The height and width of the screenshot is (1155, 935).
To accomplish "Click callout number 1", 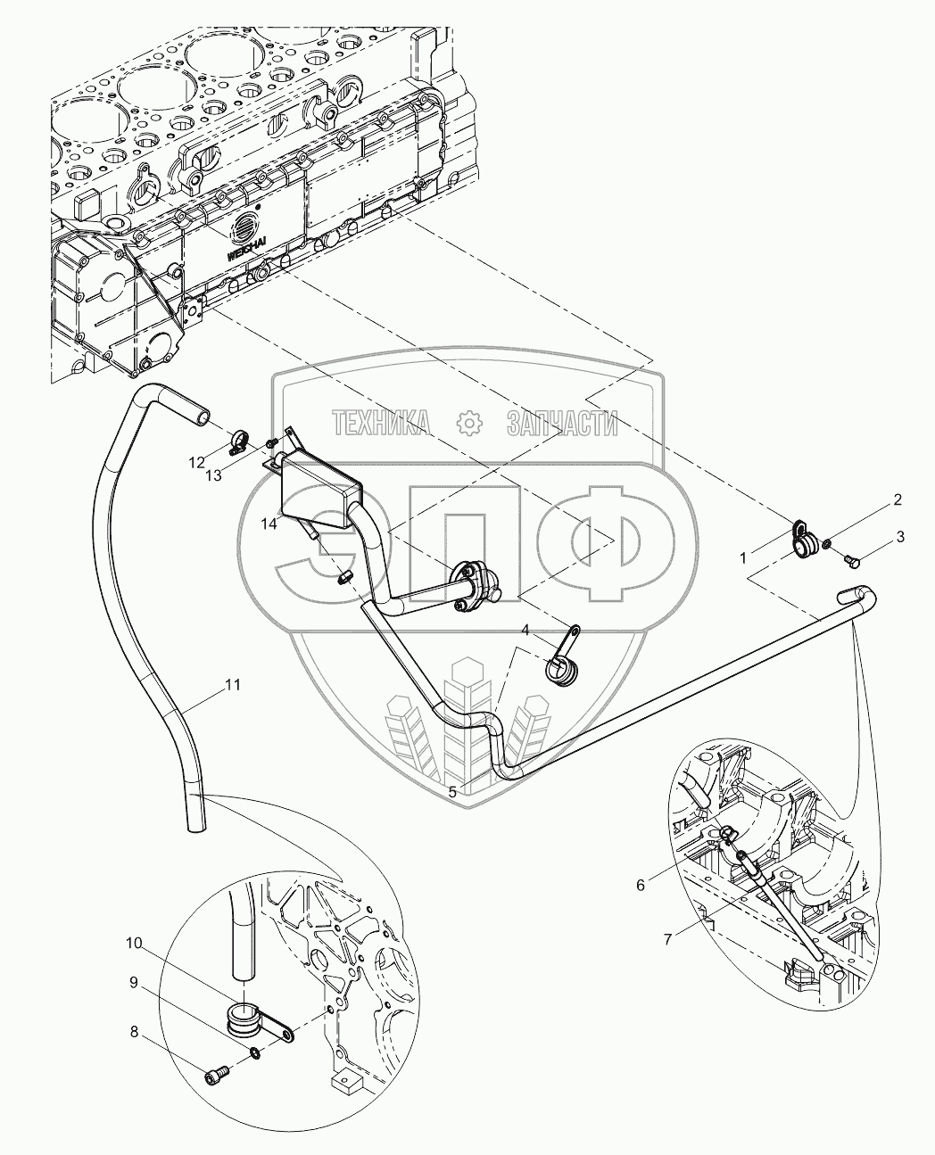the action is click(743, 557).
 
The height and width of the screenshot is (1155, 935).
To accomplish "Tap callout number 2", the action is click(898, 499).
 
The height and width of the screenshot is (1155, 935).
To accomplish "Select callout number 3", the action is click(900, 537).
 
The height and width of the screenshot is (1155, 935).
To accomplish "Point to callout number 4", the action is click(525, 630).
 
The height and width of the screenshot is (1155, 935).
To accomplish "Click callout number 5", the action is click(452, 792).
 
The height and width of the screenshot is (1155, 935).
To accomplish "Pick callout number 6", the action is click(641, 886).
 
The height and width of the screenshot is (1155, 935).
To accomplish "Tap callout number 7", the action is click(667, 939).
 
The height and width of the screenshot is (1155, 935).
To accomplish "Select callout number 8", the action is click(135, 1031).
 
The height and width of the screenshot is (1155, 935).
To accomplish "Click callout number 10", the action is click(134, 944).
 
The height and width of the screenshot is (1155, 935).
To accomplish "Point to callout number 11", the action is click(233, 685).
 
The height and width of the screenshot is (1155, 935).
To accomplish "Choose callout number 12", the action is click(196, 463).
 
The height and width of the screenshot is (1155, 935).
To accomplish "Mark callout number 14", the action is click(269, 524).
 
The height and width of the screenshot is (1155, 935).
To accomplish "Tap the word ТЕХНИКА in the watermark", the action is click(381, 424).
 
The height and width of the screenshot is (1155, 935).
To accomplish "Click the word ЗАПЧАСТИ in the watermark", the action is click(562, 424).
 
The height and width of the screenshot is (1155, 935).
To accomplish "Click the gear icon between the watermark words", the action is click(469, 424).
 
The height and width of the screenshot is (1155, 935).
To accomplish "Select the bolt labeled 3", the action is click(851, 562).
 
